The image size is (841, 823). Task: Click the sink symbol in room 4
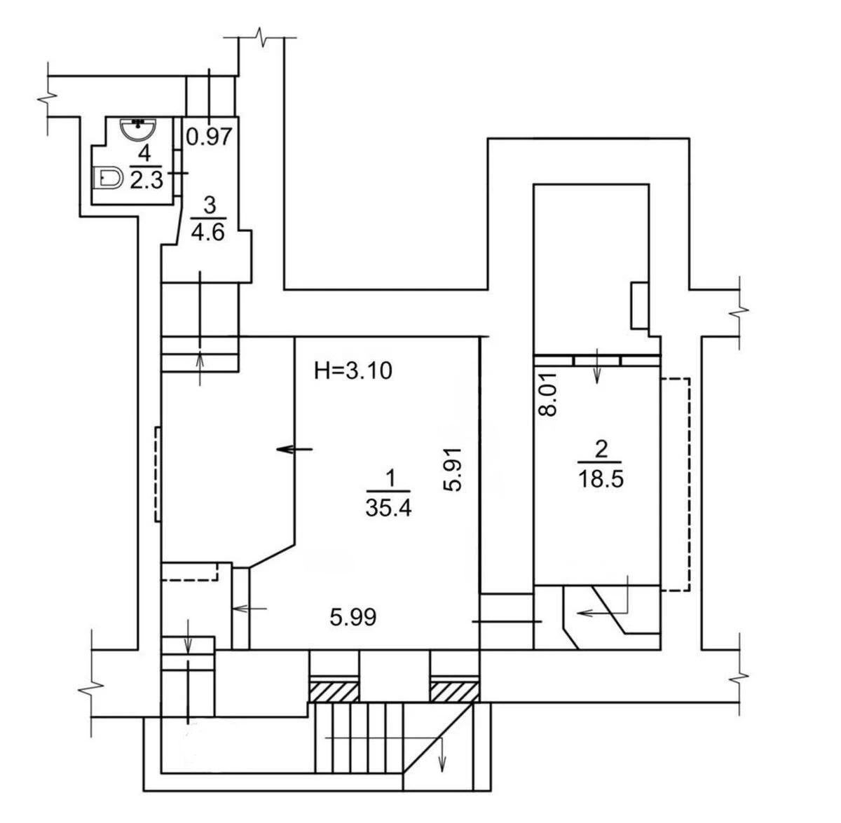tap(138, 129)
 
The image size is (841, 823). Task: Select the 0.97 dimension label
tap(209, 137)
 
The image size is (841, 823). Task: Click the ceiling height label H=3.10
tap(353, 371)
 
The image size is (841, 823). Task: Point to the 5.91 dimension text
tap(454, 469)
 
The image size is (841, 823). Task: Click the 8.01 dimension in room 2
tap(549, 394)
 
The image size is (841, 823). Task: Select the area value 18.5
tap(601, 480)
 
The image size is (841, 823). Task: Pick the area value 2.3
tap(146, 180)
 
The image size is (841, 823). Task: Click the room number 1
tap(390, 478)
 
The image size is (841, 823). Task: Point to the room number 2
tap(601, 450)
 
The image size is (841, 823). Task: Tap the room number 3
tap(210, 205)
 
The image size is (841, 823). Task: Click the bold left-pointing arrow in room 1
tap(295, 449)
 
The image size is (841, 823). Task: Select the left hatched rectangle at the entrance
tap(334, 691)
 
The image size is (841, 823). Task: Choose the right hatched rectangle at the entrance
tap(455, 691)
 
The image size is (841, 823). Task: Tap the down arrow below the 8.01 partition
tap(597, 368)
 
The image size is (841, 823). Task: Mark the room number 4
tap(144, 153)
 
